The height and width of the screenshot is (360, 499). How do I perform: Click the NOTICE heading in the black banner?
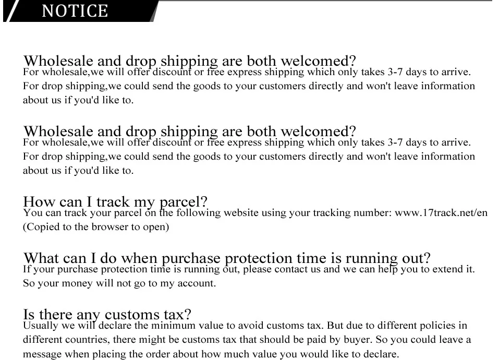click(75, 11)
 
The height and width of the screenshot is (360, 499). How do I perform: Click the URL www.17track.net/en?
click(441, 213)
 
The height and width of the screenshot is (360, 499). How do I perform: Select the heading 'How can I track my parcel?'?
click(115, 202)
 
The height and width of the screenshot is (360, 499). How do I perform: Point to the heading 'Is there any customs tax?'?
click(107, 314)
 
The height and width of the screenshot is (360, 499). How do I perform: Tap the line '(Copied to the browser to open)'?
click(95, 227)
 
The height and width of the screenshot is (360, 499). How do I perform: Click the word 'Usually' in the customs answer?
click(41, 326)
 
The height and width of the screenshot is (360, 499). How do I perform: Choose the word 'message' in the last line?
click(42, 354)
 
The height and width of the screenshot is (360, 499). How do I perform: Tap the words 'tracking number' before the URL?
click(358, 213)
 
